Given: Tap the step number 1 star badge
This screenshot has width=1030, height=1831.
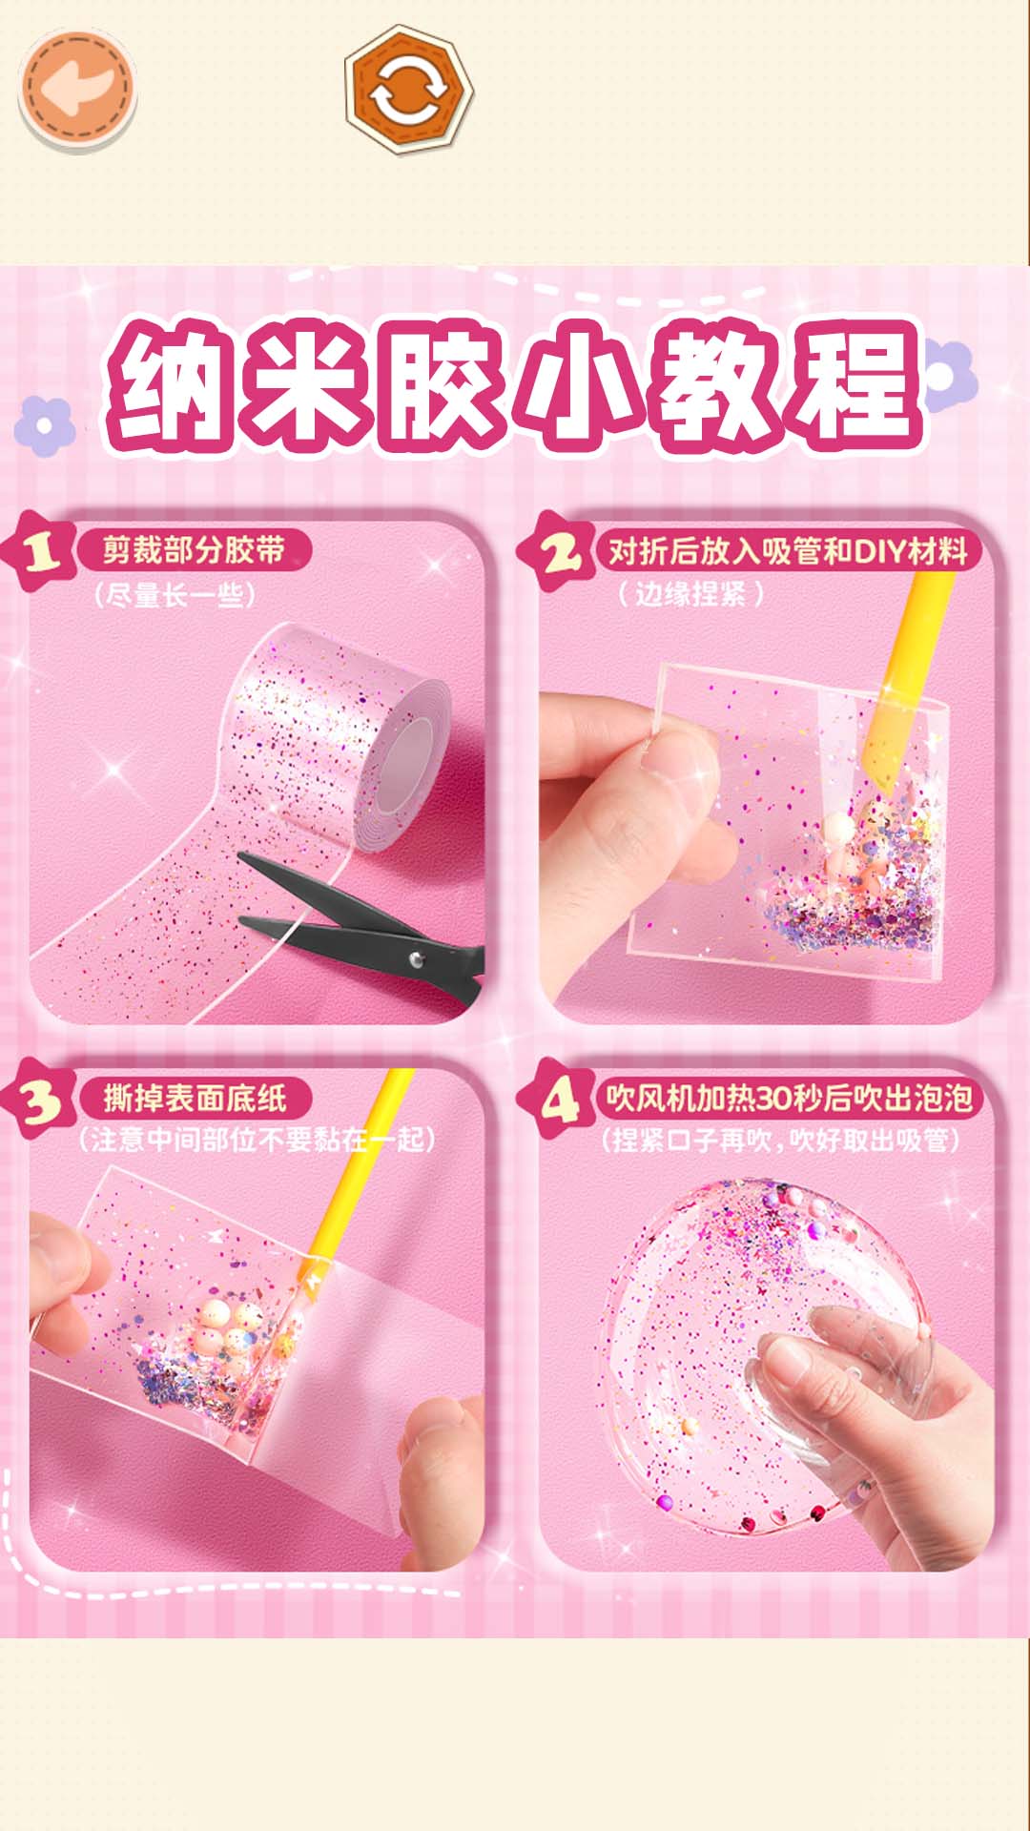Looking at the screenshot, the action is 40,550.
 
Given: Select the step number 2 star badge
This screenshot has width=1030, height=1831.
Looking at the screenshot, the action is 557,550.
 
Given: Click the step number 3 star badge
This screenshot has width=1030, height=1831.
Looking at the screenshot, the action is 40,1101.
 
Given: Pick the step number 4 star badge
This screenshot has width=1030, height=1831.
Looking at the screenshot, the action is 557,1101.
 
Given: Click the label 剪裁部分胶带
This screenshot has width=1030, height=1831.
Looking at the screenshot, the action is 194,550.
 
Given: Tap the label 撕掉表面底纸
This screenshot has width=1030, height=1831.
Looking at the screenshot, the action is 195,1099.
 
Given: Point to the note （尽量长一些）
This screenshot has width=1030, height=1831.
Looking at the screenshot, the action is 175,596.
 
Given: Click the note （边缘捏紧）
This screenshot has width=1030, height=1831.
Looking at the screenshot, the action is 690,594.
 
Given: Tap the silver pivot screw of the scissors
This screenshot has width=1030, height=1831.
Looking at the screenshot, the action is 416,959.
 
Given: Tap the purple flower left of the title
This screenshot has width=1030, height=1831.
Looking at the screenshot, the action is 44,425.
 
